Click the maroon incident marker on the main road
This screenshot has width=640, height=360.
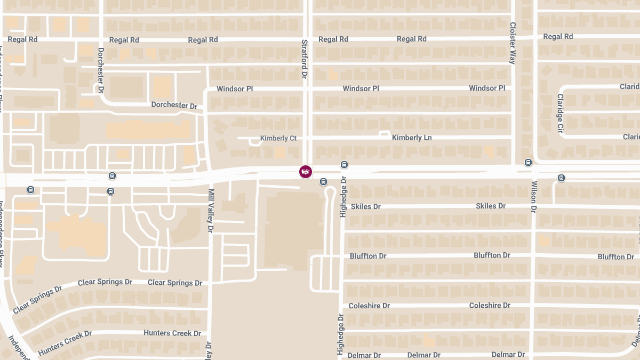coord(306,172)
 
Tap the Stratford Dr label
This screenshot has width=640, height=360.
coord(305,59)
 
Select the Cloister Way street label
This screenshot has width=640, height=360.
coord(513,43)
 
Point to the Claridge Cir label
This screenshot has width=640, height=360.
coord(560,114)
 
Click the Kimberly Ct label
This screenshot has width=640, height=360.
coord(278,138)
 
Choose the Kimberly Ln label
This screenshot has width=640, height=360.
coord(412,138)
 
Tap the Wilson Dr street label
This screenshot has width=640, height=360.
coord(534,197)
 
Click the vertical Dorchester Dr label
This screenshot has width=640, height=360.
coord(101,70)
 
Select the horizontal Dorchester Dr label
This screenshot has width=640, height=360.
coord(174,105)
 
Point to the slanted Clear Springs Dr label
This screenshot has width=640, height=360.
coord(37,300)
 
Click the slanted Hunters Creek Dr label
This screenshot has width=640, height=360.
coord(65,343)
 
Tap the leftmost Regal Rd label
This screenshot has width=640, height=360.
coord(22,39)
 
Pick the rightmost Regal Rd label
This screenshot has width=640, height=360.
coord(558,36)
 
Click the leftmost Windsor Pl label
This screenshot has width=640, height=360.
coord(235,89)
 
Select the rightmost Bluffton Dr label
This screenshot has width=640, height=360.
coord(615,257)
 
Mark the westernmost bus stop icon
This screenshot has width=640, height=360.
coord(30,189)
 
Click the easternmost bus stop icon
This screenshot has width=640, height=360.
coord(562,178)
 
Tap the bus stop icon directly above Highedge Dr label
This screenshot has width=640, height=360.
coord(344,165)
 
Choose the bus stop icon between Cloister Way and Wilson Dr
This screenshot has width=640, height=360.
coord(528,163)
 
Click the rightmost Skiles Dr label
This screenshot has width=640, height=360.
coord(490,206)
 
